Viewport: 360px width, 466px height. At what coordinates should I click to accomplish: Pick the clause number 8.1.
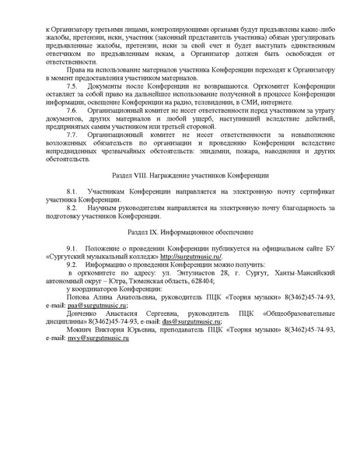click(72, 191)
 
